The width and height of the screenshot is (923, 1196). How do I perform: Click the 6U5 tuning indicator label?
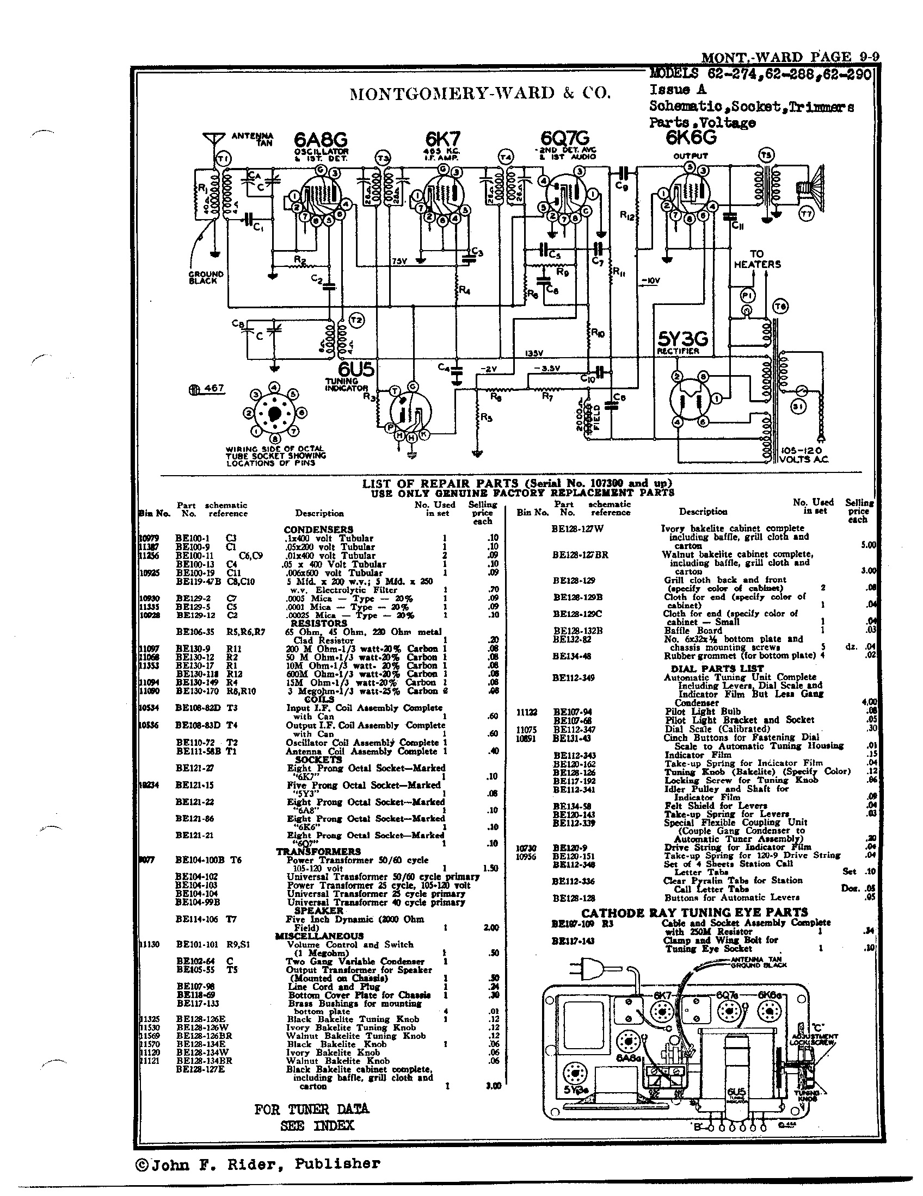click(x=356, y=371)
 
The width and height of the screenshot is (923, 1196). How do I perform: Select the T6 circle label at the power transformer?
click(x=780, y=307)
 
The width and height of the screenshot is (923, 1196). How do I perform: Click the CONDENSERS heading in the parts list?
click(x=318, y=530)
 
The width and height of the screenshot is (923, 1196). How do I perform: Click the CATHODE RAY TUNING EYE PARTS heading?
click(x=694, y=912)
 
